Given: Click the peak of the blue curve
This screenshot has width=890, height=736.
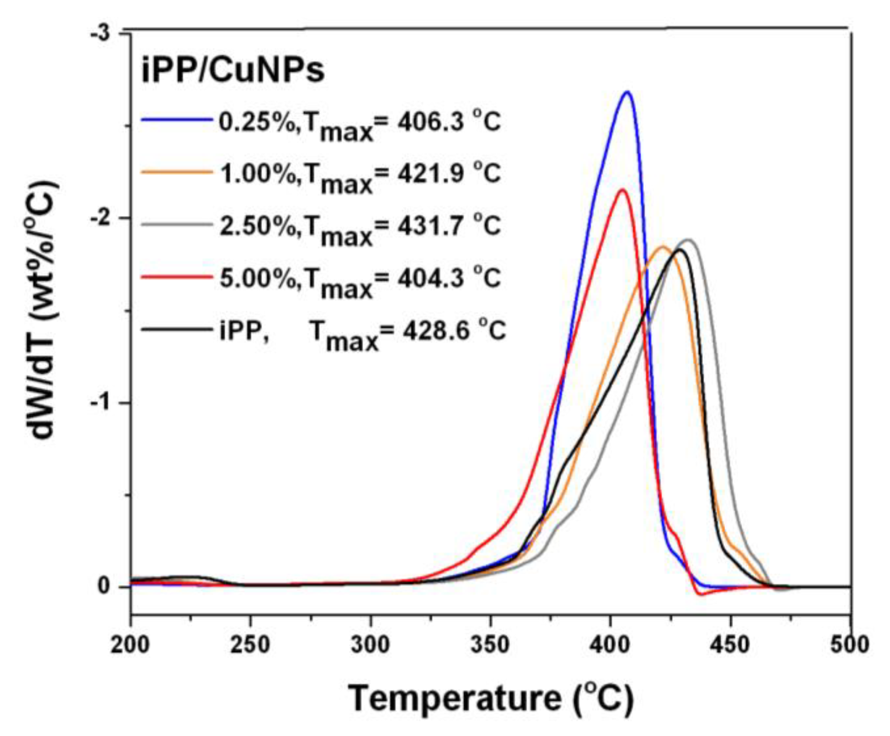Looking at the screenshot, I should click(628, 92).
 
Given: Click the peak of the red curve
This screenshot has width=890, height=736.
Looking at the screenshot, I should click(622, 189).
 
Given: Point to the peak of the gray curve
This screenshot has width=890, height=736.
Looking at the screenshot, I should click(688, 240).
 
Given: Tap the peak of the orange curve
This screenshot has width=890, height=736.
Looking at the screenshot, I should click(663, 247).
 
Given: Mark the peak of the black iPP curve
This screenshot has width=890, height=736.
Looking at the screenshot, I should click(680, 250).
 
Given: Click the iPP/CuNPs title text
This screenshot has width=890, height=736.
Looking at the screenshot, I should click(233, 71).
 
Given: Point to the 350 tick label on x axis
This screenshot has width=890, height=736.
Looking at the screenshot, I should click(490, 645).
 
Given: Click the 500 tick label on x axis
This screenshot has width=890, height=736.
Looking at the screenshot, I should click(850, 645).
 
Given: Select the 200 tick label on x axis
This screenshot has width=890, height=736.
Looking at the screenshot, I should click(130, 645).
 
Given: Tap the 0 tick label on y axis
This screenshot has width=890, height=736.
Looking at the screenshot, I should click(104, 586).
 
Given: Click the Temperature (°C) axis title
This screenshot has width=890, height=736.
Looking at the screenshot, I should click(490, 698).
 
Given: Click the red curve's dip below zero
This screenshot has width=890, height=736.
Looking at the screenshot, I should click(701, 594).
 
